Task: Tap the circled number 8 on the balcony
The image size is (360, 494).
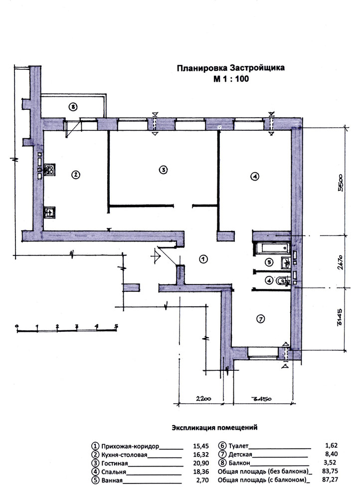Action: click(x=73, y=107)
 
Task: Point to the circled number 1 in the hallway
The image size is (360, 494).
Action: click(x=203, y=259)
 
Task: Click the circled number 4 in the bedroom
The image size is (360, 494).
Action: click(x=254, y=177)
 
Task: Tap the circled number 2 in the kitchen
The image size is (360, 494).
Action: click(x=75, y=174)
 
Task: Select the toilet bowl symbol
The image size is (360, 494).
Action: click(x=283, y=280)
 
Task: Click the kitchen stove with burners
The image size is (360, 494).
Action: click(x=50, y=170)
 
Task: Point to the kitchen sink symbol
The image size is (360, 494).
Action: click(x=49, y=212)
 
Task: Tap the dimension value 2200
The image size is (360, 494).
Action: click(x=203, y=399)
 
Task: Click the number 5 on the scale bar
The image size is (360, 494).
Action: click(x=116, y=326)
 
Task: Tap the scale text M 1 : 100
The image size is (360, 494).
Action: click(x=231, y=78)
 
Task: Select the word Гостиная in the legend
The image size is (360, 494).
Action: click(x=115, y=464)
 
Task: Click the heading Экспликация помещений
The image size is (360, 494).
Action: click(x=214, y=428)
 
